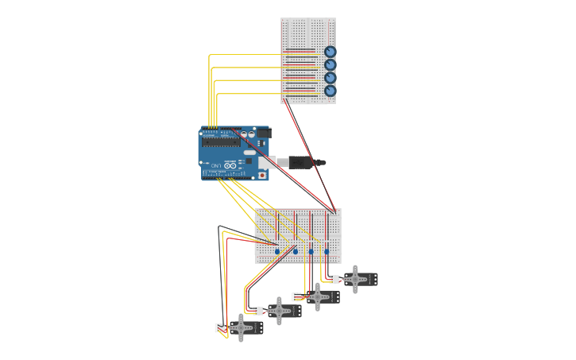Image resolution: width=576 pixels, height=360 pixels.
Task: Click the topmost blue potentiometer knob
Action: [330, 52]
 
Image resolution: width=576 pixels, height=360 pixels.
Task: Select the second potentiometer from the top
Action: [330, 65]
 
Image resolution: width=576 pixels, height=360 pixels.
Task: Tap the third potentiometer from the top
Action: [330, 78]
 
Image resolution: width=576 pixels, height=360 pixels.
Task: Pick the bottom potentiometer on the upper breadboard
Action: [330, 91]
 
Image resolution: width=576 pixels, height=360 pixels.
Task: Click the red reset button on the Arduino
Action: [261, 175]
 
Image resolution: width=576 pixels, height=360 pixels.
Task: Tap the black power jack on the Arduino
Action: [262, 133]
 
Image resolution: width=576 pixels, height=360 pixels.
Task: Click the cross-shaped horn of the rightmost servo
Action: [354, 279]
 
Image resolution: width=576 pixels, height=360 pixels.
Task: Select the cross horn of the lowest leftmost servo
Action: [241, 327]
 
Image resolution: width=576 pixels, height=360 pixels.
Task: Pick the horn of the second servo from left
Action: [279, 311]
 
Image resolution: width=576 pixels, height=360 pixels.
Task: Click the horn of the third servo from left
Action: [318, 296]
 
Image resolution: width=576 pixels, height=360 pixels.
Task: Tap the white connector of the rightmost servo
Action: [334, 279]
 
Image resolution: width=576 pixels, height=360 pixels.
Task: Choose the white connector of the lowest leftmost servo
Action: [220, 327]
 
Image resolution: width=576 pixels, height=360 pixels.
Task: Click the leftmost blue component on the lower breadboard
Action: [277, 251]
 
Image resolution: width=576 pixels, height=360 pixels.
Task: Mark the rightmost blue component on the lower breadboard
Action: [327, 251]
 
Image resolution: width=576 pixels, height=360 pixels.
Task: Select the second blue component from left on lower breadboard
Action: [295, 251]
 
